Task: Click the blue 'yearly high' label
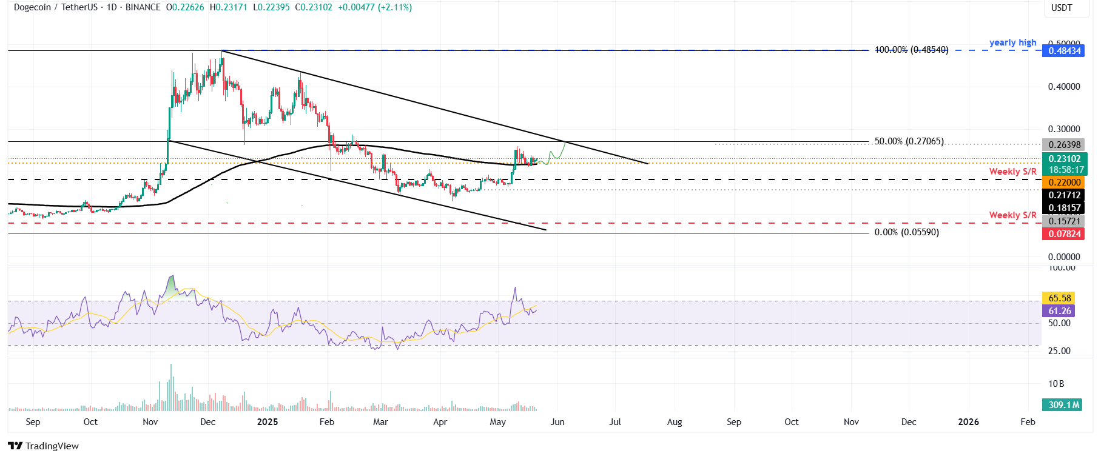(1012, 42)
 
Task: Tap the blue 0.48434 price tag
(1064, 51)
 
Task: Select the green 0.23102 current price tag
(1064, 159)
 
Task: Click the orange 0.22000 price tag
(1064, 183)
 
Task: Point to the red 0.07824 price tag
(1064, 234)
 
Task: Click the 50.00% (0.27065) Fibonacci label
(908, 141)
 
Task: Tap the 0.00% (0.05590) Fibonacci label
(906, 232)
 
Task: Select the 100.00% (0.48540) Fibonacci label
(911, 50)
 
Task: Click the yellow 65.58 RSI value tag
(1059, 298)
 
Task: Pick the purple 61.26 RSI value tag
(1059, 311)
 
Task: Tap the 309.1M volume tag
(1063, 405)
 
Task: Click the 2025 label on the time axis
(267, 422)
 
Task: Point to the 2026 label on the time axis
(968, 422)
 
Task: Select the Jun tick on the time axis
(557, 422)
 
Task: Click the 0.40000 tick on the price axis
(1063, 87)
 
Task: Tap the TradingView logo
(44, 446)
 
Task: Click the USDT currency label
(1061, 8)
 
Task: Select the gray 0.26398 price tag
(1064, 145)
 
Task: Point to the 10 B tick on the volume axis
(1056, 384)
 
